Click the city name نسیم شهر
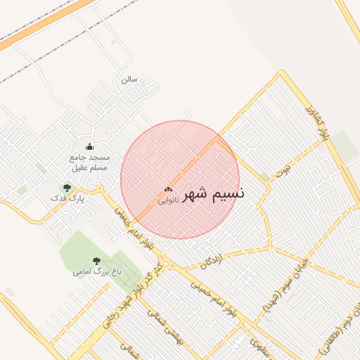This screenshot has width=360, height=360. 214,194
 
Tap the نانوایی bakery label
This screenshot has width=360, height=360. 167,200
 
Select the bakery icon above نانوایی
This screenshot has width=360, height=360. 167,189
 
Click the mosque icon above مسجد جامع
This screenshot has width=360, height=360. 89,147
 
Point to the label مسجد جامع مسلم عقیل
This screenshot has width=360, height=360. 89,163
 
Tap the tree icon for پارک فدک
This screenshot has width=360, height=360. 67,188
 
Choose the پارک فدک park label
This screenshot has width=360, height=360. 72,199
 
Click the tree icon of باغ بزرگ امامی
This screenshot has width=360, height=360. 96,261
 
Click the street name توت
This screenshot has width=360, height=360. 283,170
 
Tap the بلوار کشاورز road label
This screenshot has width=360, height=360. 315,122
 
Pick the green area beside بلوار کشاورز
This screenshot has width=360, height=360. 345,145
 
